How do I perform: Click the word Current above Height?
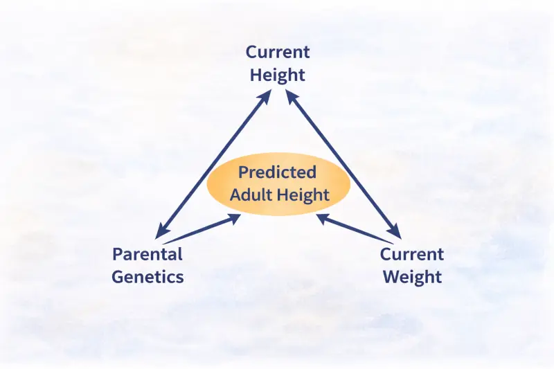tap(278, 53)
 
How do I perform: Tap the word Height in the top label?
tap(278, 75)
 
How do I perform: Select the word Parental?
tap(148, 254)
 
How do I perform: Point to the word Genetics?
tap(148, 277)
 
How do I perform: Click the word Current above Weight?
tap(411, 254)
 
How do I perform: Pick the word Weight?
tap(411, 277)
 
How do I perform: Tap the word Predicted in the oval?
tap(277, 172)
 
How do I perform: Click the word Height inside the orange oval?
tap(303, 195)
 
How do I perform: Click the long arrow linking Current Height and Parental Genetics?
tap(213, 165)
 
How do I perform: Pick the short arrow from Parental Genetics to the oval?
tap(202, 228)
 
